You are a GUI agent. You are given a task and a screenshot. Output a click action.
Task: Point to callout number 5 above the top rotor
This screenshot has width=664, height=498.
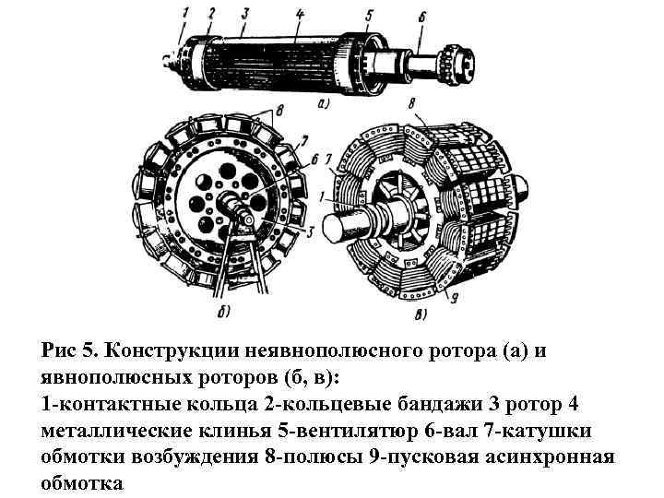click(368, 14)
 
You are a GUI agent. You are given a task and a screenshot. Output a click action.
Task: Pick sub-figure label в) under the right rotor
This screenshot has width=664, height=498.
click(421, 314)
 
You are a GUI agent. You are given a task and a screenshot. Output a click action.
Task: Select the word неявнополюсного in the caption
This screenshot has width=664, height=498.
click(334, 350)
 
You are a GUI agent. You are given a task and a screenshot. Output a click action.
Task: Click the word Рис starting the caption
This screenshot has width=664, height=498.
click(59, 350)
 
